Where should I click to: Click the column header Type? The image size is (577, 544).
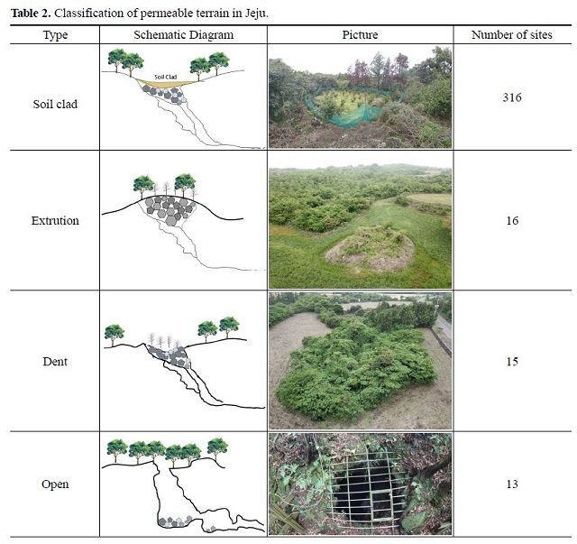pos(55,35)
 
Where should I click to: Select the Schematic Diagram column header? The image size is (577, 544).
pos(183,35)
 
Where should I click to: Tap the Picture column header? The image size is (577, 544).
pos(360,35)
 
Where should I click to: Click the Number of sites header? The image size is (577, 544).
pos(512,35)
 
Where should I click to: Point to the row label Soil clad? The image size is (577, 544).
pos(55,105)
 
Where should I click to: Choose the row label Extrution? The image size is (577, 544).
pos(55,221)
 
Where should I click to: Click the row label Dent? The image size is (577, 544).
pos(55,362)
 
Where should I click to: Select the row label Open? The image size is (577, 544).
pos(55,484)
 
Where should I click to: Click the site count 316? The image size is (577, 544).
pos(512,97)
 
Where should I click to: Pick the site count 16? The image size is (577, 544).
pos(512,221)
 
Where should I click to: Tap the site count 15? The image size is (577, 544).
pos(512,362)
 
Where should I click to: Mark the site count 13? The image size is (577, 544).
pos(512,484)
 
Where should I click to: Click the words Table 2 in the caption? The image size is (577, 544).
pos(32,14)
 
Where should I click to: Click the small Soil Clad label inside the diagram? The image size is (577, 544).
pos(166,77)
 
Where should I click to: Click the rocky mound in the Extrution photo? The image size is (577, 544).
pos(370,249)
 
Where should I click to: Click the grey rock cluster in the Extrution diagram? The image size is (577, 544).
pos(169,210)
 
